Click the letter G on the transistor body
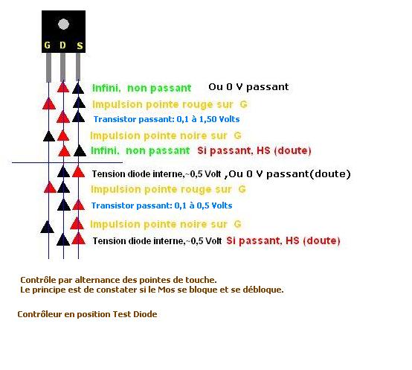pyautogui.click(x=48, y=45)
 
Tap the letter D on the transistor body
pyautogui.click(x=62, y=45)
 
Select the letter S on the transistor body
pyautogui.click(x=80, y=45)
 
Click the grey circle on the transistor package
pyautogui.click(x=63, y=24)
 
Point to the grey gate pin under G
pyautogui.click(x=48, y=67)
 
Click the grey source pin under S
pyautogui.click(x=78, y=67)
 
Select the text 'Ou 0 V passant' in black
pyautogui.click(x=248, y=87)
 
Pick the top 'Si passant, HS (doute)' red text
pyautogui.click(x=254, y=150)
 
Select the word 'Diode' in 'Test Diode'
pyautogui.click(x=145, y=314)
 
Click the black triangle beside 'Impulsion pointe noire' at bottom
pyautogui.click(x=48, y=226)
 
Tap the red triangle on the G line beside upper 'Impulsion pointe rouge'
pyautogui.click(x=49, y=103)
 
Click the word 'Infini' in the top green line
pyautogui.click(x=106, y=88)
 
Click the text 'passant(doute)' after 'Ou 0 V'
pyautogui.click(x=309, y=174)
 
